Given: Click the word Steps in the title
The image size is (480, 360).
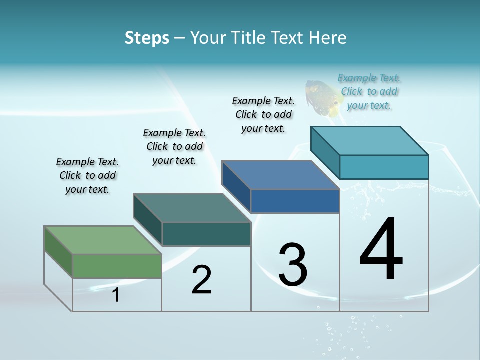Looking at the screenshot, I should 147,38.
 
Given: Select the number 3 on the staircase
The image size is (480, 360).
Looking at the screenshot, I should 293,265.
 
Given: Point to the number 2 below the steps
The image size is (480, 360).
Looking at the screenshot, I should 202,280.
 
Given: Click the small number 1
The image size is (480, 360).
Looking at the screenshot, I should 116,295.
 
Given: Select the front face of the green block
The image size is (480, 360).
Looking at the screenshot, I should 117,266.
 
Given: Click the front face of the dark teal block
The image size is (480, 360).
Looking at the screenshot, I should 206,234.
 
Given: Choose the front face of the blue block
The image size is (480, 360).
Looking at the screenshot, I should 295,201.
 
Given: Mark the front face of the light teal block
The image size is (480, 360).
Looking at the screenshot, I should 384,167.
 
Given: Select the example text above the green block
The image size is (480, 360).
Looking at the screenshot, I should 87,175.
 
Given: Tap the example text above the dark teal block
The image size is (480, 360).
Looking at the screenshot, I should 174,146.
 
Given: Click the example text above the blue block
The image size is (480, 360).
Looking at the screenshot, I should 263,114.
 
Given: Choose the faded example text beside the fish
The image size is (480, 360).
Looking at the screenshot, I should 369,91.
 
